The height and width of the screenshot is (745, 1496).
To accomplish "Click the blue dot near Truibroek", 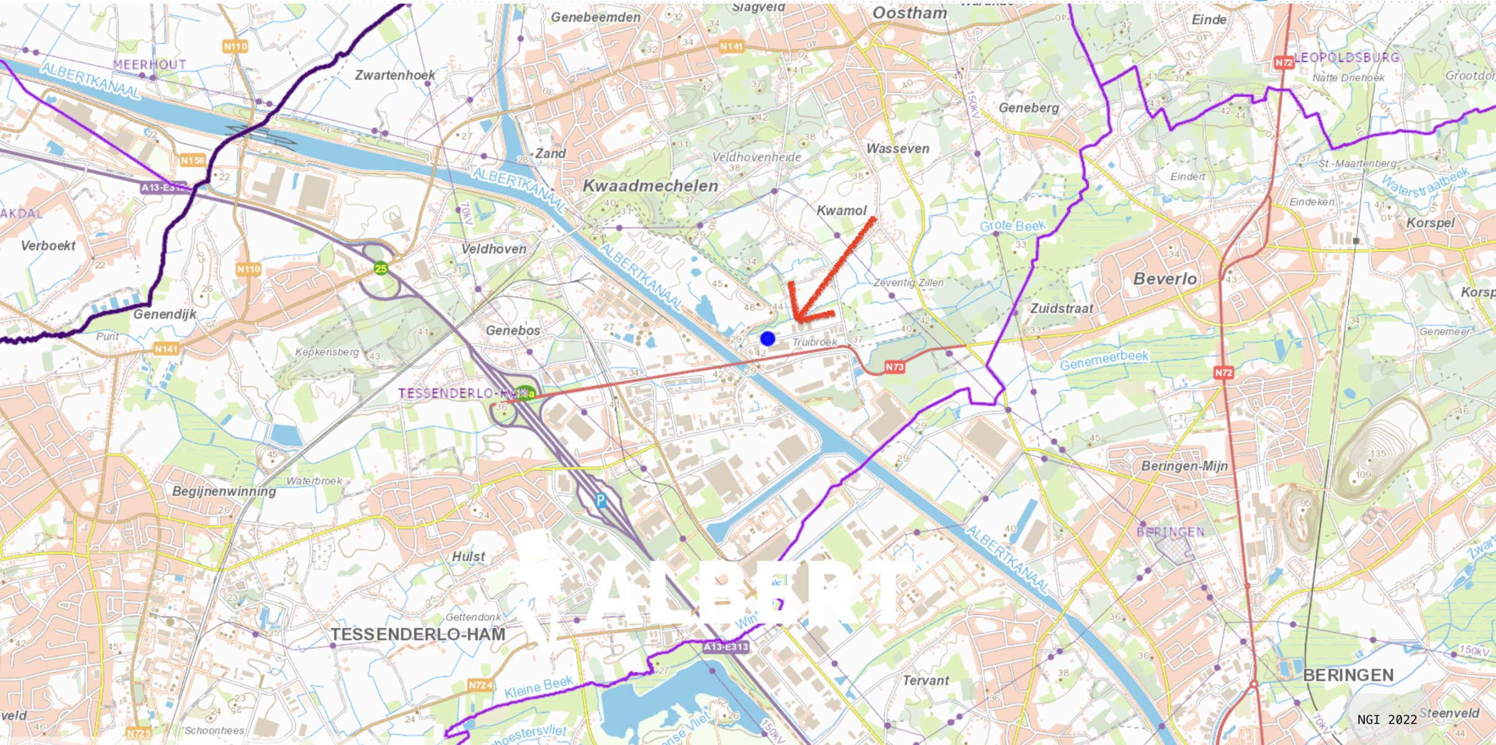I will click(x=767, y=338).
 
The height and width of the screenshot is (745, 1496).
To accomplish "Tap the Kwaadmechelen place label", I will click(x=650, y=186).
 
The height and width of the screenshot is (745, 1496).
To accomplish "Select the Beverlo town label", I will click(x=1165, y=279).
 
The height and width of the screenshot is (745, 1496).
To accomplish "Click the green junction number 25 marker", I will click(x=381, y=268).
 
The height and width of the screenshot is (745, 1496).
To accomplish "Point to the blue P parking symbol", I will click(x=600, y=500).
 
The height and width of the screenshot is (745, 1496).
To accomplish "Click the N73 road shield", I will click(x=894, y=367).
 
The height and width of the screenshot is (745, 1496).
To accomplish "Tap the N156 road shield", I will click(x=192, y=161).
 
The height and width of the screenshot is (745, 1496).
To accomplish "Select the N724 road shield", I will click(x=480, y=685).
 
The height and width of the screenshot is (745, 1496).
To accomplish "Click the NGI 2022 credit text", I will click(x=1387, y=720).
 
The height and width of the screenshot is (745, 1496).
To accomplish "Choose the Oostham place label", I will click(x=909, y=13).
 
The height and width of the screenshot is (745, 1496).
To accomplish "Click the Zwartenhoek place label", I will click(x=395, y=75).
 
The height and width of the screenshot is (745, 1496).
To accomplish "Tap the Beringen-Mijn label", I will click(x=1184, y=466).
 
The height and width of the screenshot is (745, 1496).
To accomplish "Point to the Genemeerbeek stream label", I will click(x=1104, y=360).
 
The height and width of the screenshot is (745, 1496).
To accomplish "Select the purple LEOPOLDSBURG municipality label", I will click(x=1346, y=58).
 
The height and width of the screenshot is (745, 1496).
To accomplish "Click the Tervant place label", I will click(x=925, y=680).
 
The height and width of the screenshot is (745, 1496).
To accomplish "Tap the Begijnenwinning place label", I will click(x=223, y=491).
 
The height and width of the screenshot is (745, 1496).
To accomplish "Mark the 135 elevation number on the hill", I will click(x=1377, y=453).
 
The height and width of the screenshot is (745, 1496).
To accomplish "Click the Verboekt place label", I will click(x=48, y=246).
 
